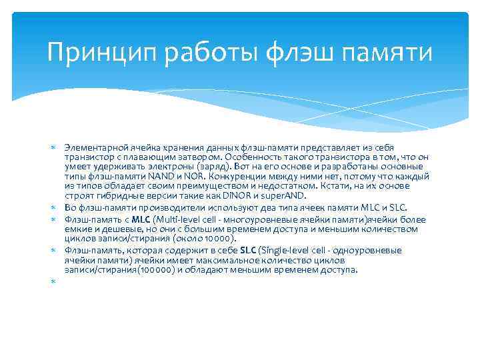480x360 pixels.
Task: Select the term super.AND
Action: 283,197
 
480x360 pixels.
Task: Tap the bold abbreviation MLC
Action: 141,219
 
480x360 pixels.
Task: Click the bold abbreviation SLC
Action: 249,250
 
